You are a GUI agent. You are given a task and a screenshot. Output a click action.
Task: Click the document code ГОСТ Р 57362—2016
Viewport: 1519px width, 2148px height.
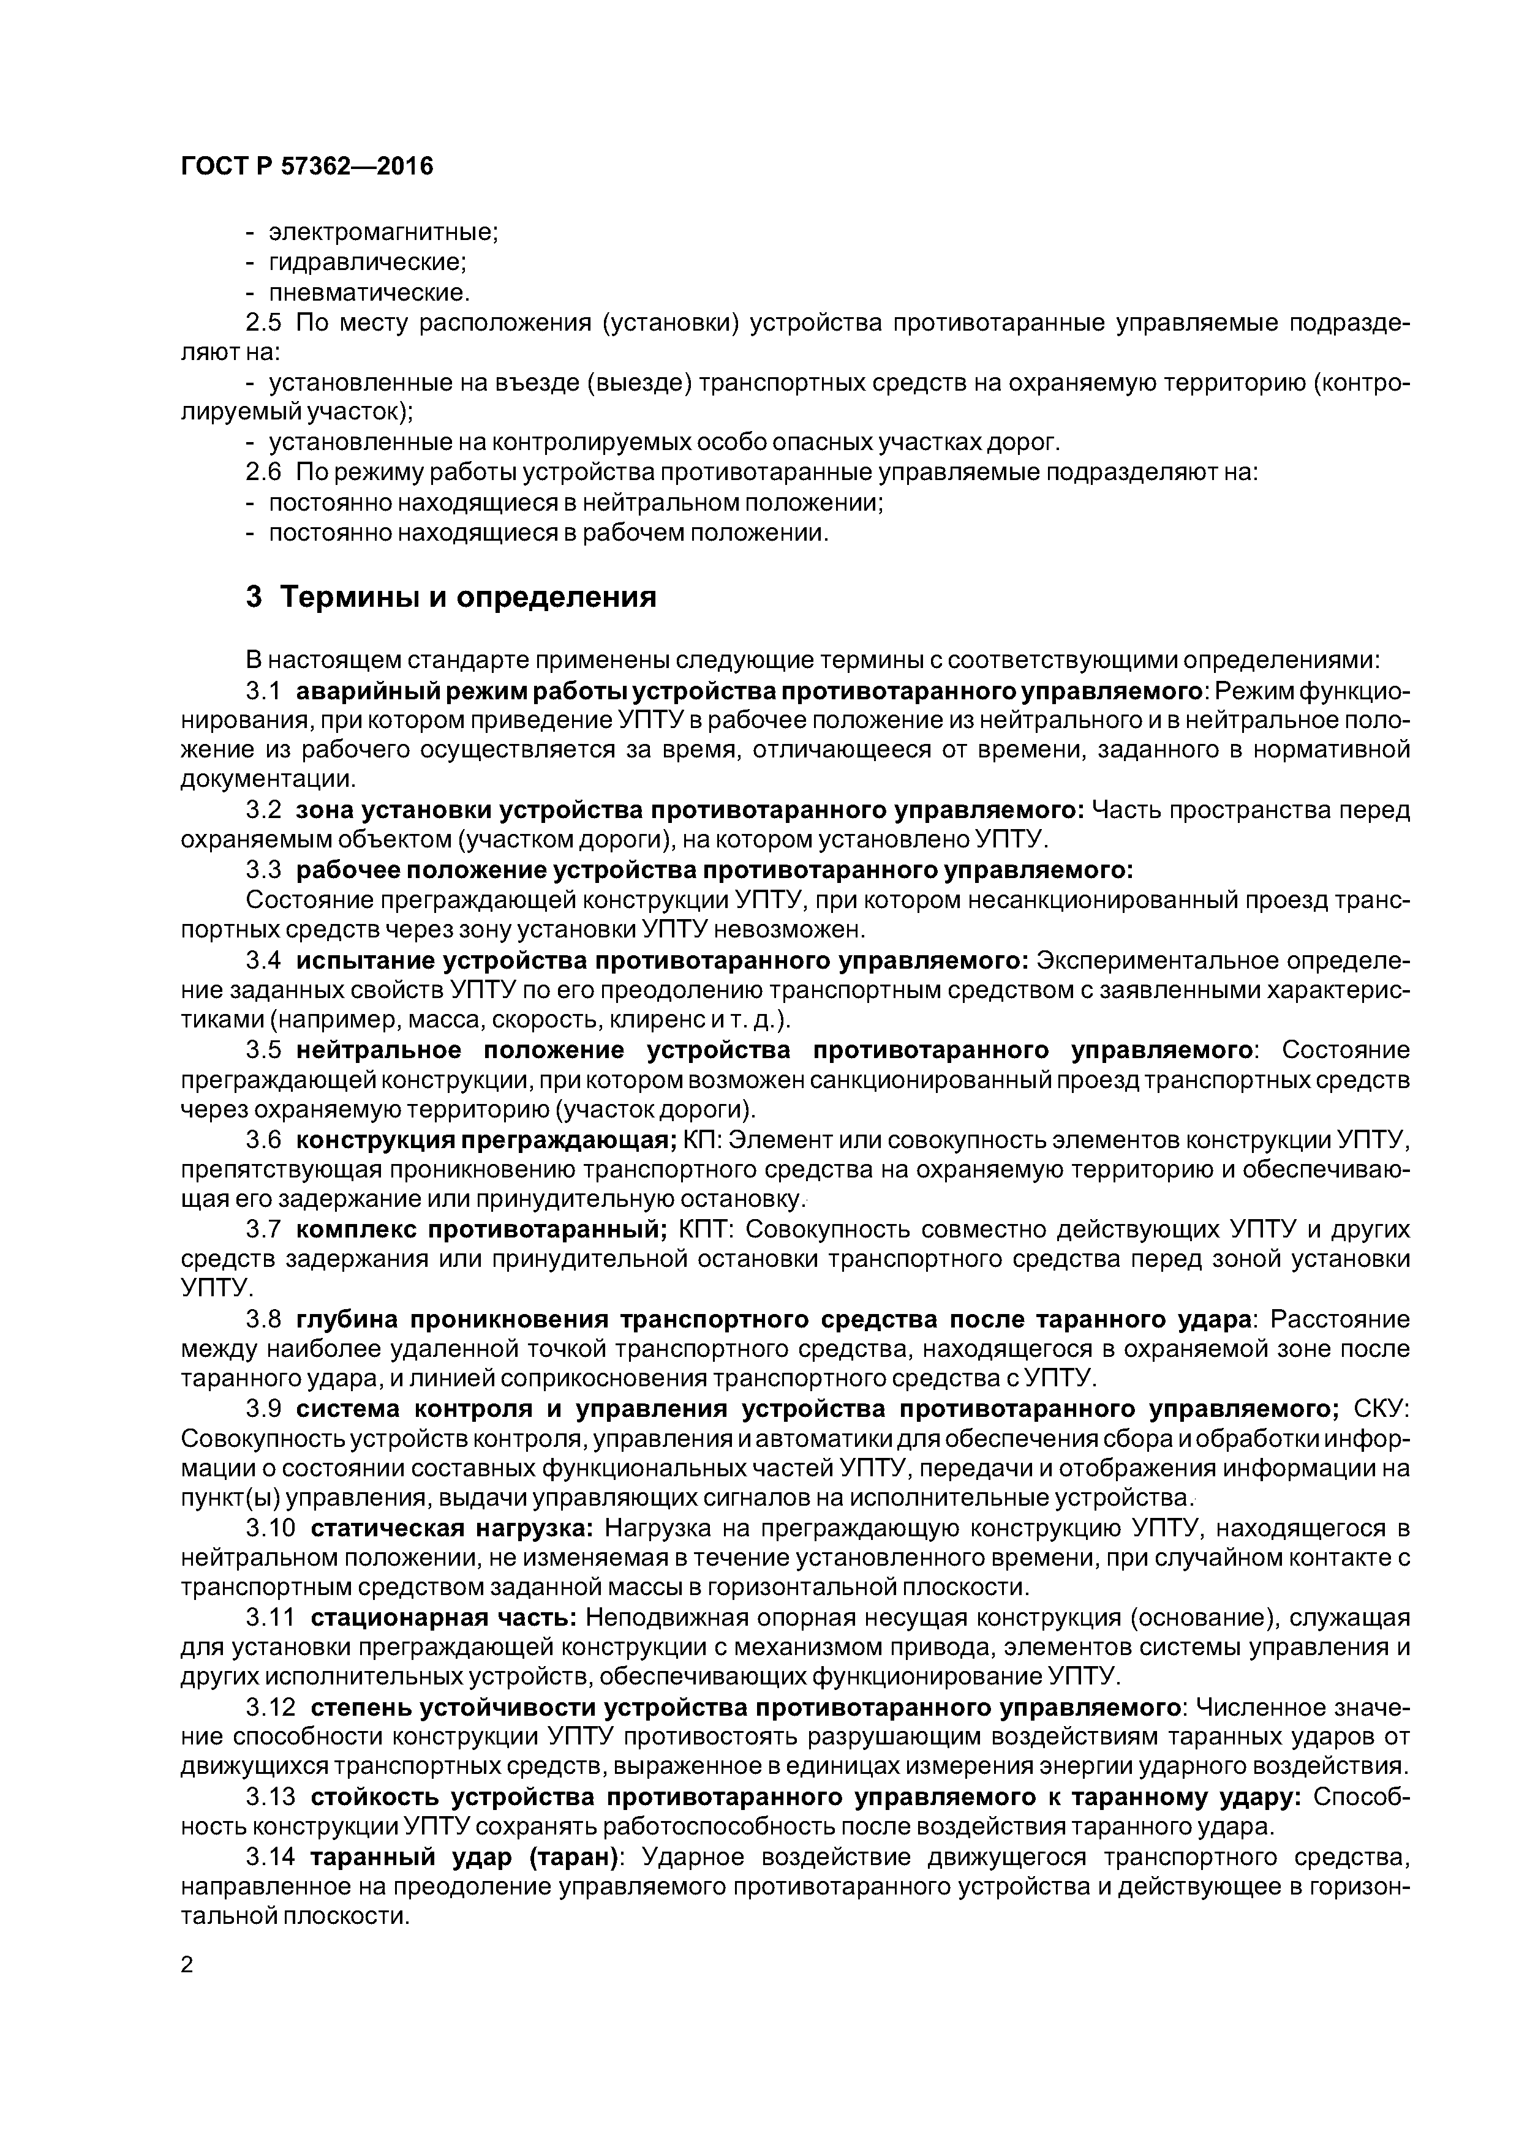click(307, 167)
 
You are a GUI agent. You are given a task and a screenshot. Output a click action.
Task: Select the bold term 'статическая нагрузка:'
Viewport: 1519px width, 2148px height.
click(451, 1529)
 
